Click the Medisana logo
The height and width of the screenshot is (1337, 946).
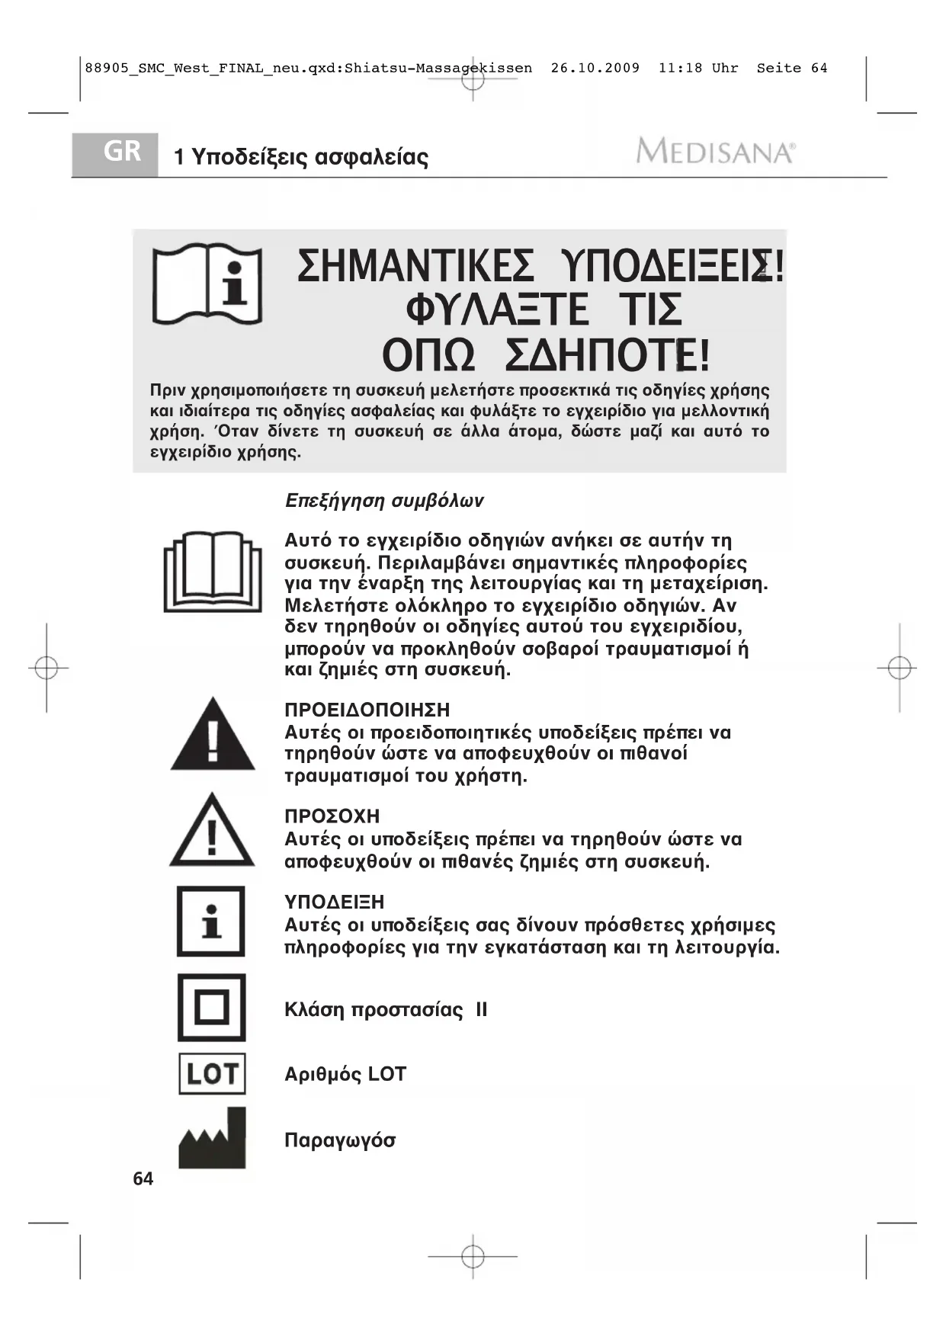pos(715,152)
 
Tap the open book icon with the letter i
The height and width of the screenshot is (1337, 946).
pos(207,285)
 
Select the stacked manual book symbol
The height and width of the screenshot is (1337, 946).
pos(213,572)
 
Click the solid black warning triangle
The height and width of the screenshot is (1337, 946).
pos(213,736)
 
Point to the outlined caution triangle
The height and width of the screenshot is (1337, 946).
pos(212,832)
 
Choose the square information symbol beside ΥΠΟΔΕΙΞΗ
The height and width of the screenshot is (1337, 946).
pos(211,922)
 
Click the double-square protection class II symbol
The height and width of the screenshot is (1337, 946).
pos(212,1008)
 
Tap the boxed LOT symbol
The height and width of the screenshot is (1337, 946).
pos(212,1073)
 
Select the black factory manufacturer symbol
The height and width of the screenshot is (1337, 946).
pos(212,1139)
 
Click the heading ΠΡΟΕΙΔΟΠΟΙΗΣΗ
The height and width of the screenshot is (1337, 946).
pos(367,710)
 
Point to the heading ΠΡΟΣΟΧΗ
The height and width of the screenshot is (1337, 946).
pos(332,816)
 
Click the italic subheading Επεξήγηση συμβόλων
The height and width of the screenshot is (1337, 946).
pos(384,501)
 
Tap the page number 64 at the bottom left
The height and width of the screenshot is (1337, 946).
pos(143,1178)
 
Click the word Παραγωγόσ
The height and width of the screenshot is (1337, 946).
pos(340,1140)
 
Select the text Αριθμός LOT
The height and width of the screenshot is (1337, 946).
pos(345,1074)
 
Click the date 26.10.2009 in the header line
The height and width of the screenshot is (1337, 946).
pos(595,68)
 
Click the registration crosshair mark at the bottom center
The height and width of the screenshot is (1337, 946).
pos(473,1255)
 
